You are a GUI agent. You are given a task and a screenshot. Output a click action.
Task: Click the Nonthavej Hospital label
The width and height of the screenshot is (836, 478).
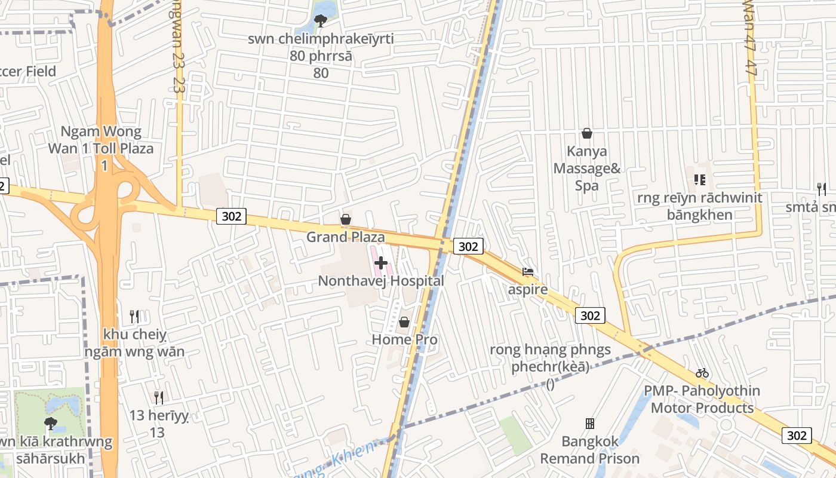pyautogui.click(x=381, y=281)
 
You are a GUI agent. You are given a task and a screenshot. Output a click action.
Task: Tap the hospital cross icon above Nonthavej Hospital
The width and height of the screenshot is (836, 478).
pyautogui.click(x=381, y=262)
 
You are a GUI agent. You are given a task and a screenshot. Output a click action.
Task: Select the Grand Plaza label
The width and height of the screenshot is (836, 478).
pyautogui.click(x=346, y=237)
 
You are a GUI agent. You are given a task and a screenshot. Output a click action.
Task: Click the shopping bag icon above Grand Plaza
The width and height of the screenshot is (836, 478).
pyautogui.click(x=345, y=220)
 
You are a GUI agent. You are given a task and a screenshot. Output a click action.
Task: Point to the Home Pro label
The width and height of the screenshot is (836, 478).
pyautogui.click(x=405, y=339)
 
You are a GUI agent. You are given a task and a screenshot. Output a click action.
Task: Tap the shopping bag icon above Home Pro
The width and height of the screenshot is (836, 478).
pyautogui.click(x=404, y=323)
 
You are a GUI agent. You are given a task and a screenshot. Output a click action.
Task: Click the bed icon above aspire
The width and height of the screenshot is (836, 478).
pyautogui.click(x=528, y=272)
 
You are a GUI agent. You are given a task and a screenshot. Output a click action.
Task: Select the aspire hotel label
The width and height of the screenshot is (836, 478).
pyautogui.click(x=528, y=290)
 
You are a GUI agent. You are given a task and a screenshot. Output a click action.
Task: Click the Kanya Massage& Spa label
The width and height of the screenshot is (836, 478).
pyautogui.click(x=587, y=168)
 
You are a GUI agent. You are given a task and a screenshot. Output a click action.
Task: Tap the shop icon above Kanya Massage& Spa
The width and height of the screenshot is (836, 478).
pyautogui.click(x=587, y=133)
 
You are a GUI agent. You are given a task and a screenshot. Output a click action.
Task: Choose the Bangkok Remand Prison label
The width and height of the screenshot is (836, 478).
pyautogui.click(x=590, y=450)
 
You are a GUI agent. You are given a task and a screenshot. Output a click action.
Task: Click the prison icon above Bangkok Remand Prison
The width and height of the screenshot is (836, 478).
pyautogui.click(x=590, y=424)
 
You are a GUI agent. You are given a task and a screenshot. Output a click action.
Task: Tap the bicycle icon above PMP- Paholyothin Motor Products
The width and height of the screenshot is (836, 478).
pyautogui.click(x=702, y=373)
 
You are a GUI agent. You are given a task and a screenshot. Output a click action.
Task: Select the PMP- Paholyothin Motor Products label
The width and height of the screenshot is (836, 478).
pyautogui.click(x=702, y=399)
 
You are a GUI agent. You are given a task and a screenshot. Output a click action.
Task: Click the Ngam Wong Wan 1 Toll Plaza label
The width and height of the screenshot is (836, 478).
pyautogui.click(x=101, y=140)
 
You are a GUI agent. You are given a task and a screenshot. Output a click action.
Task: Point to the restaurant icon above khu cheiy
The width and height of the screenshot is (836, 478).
pyautogui.click(x=134, y=317)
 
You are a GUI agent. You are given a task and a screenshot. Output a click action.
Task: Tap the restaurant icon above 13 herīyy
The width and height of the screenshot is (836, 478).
pyautogui.click(x=159, y=397)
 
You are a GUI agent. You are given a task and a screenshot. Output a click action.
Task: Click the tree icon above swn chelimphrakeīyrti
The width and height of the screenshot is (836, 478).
pyautogui.click(x=321, y=22)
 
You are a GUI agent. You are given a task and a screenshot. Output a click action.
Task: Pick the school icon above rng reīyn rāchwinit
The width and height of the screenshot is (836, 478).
pyautogui.click(x=700, y=179)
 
